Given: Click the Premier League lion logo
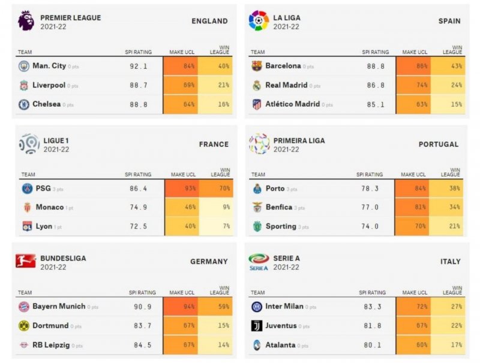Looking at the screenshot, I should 26,20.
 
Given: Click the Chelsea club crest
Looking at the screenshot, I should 24,104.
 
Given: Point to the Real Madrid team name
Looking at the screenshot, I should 286,85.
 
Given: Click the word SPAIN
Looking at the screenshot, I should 449,21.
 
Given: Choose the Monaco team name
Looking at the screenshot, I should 50,207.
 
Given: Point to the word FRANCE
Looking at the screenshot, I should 214,144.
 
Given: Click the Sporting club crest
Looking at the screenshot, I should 257,226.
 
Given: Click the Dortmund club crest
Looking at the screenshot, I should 24,326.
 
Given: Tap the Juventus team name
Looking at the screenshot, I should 281,326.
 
